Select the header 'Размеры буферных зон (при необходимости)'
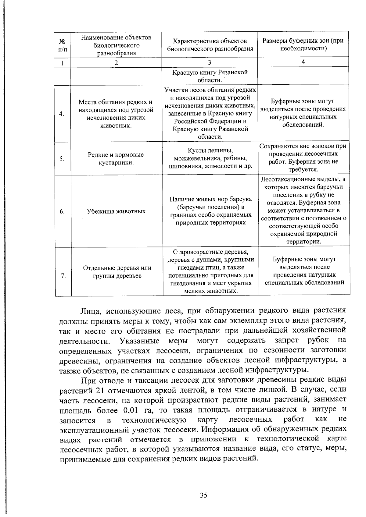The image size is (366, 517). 303,44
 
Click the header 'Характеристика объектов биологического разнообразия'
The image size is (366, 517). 210,45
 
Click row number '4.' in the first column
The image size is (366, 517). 62,114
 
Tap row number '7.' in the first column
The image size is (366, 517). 63,276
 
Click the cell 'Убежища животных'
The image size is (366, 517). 117,211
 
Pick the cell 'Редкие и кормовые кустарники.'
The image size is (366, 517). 116,159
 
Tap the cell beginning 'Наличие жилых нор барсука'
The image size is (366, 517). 211,211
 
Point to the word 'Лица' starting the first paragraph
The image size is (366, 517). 89,311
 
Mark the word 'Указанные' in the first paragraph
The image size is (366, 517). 140,341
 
